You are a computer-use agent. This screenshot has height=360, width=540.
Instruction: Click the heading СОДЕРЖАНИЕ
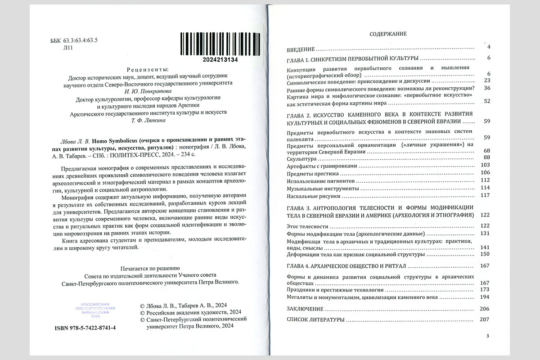[388, 34]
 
